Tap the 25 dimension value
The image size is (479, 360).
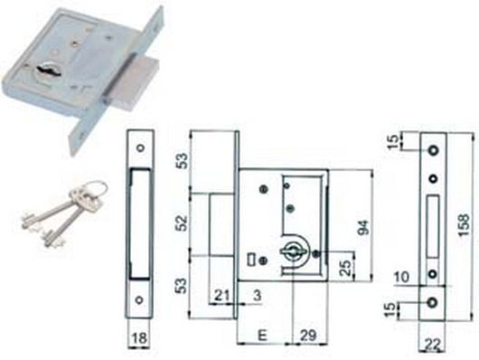344,268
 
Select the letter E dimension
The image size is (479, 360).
262,335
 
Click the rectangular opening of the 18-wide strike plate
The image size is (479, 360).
140,221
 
